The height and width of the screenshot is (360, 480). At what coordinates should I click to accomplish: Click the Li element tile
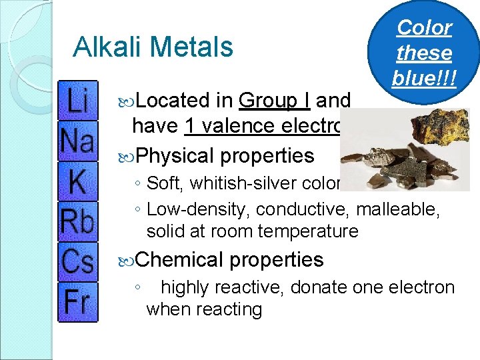[x=77, y=101]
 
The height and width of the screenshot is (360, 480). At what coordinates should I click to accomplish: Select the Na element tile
[x=77, y=141]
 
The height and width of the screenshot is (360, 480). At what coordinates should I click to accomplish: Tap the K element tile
[x=77, y=181]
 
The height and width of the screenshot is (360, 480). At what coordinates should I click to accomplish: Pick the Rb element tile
[x=77, y=221]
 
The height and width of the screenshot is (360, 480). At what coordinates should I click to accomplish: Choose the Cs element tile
[x=77, y=261]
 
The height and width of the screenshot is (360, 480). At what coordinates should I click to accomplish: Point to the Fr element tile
[x=77, y=301]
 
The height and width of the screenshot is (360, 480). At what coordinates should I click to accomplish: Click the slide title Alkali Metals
[x=153, y=47]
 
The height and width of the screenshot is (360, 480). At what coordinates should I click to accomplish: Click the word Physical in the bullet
[x=174, y=155]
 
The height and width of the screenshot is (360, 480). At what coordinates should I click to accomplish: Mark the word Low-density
[x=198, y=209]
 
